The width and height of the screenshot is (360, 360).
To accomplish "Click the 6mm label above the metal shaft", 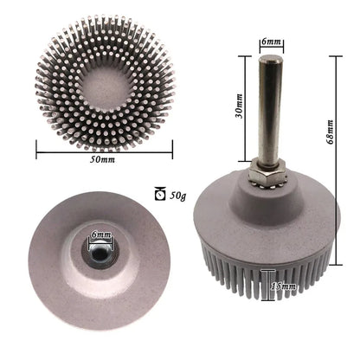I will click(269, 42).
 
